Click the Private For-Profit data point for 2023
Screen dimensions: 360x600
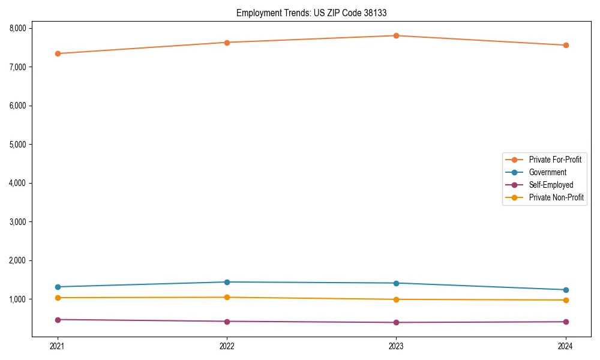coord(396,35)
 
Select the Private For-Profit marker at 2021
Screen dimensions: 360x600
coord(58,53)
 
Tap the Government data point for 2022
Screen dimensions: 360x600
coord(227,282)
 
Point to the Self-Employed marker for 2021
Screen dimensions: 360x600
coord(58,320)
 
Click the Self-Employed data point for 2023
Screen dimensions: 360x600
coord(396,322)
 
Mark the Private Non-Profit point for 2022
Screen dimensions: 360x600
coord(227,297)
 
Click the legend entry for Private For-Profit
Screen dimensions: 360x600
coord(554,160)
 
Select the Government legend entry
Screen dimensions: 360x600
coord(547,172)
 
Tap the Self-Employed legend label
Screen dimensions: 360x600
coord(551,185)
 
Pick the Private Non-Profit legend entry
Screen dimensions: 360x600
coord(556,197)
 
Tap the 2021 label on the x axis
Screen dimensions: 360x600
coord(58,346)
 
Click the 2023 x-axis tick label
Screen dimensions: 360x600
coord(396,346)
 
